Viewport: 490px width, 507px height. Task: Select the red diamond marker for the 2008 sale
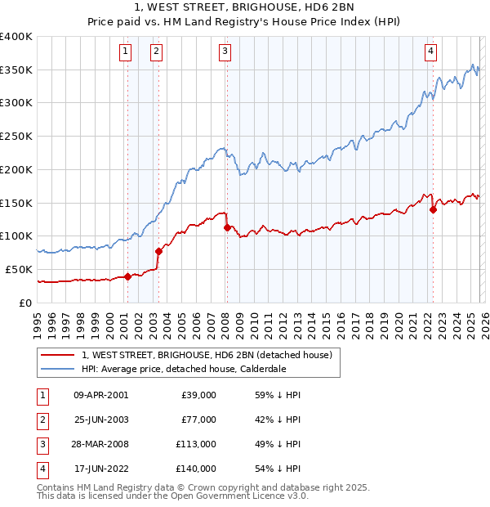(x=227, y=227)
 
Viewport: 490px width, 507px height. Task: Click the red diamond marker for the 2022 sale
(x=433, y=209)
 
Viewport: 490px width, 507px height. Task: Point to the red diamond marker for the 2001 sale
(x=127, y=276)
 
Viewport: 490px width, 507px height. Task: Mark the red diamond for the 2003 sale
(x=158, y=251)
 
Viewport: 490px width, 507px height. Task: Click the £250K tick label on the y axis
(x=16, y=136)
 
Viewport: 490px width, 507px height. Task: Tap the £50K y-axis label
(x=19, y=269)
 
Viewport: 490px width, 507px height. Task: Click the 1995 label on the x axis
(x=38, y=324)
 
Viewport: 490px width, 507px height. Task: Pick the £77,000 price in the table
(x=198, y=420)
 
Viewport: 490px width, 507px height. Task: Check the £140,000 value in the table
(x=196, y=469)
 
